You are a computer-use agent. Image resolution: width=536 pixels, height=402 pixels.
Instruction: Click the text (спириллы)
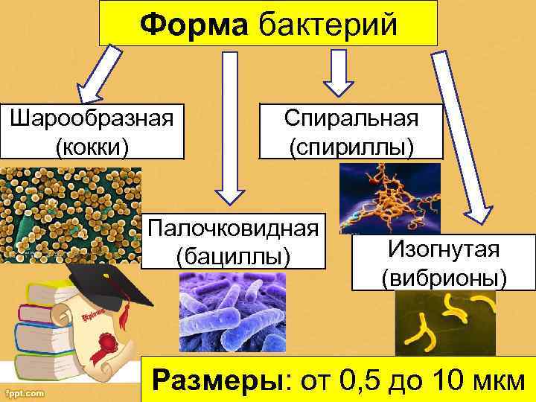(351, 145)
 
